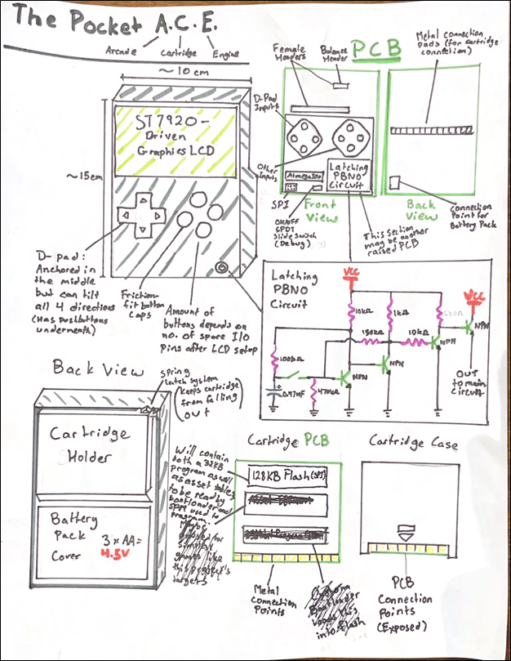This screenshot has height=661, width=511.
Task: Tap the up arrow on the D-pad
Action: click(141, 199)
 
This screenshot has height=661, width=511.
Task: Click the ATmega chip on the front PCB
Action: click(304, 176)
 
